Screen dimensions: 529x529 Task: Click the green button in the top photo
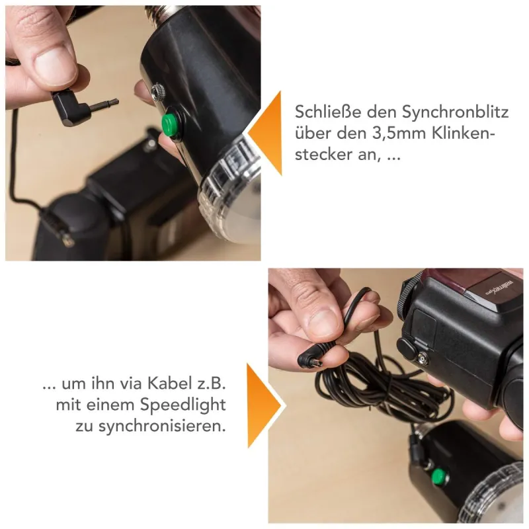pos(171,124)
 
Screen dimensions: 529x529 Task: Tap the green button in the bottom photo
pos(439,476)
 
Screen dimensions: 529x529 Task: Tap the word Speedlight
pos(183,405)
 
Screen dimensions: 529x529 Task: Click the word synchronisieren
pos(162,426)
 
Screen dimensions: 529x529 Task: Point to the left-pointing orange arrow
pos(266,133)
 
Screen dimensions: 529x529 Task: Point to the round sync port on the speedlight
pos(423,359)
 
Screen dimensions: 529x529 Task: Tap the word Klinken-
pos(464,134)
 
